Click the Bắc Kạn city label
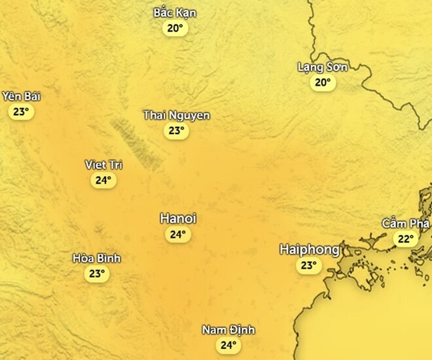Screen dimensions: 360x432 (175, 13)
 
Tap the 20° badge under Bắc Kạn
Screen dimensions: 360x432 (175, 28)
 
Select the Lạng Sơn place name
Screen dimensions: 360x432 (322, 67)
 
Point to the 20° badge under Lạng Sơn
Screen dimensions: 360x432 (322, 82)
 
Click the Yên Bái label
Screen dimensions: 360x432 (21, 97)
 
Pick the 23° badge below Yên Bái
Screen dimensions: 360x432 (21, 112)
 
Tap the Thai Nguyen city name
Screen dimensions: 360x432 (177, 116)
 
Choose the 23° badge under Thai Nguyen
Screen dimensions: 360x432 (175, 131)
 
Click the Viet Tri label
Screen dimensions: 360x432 (103, 165)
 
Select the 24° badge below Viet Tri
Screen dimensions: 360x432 (103, 180)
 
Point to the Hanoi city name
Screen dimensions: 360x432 (178, 219)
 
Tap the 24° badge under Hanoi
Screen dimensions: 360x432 (178, 234)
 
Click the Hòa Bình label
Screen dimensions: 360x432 (97, 259)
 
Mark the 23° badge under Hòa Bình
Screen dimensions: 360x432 (97, 274)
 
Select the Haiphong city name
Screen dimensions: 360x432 (310, 249)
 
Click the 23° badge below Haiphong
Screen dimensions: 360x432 (308, 265)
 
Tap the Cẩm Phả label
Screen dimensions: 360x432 (406, 224)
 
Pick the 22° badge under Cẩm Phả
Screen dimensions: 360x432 (406, 239)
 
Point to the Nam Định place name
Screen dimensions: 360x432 (228, 330)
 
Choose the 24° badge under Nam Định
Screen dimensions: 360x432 (228, 345)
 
